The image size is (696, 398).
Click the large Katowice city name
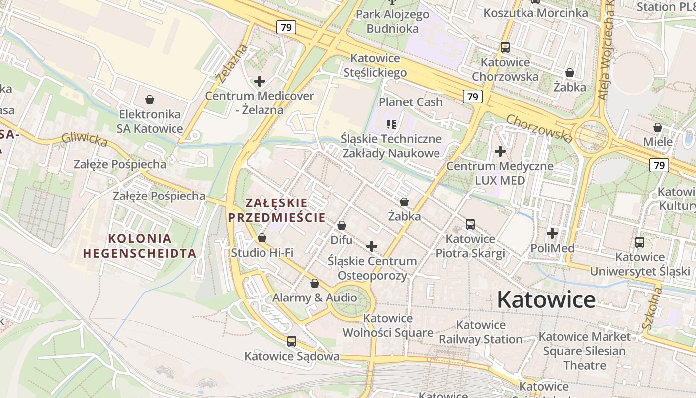tap(546, 299)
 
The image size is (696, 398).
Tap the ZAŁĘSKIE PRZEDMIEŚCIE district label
tap(276, 210)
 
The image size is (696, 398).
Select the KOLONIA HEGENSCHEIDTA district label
tap(140, 246)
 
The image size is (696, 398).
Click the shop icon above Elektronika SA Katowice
tap(150, 99)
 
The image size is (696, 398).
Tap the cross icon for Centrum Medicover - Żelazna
tap(259, 81)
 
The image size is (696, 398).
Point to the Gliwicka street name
tap(84, 140)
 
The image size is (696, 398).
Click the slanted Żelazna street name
tap(232, 64)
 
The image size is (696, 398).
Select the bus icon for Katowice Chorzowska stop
tap(505, 48)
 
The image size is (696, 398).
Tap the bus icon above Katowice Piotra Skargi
tap(470, 224)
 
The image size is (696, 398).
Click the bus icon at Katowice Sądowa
tap(292, 341)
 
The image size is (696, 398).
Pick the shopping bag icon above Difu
tap(342, 225)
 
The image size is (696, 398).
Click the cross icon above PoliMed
tap(552, 233)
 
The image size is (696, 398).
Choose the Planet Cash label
tap(411, 102)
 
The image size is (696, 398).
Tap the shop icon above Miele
tap(658, 127)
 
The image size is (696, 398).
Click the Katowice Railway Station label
tap(480, 332)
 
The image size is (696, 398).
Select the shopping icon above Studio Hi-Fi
tap(262, 238)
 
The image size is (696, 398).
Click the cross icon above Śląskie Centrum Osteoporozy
tap(372, 246)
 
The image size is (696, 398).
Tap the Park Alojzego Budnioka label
tap(393, 21)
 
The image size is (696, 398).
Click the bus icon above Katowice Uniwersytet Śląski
tap(640, 242)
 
